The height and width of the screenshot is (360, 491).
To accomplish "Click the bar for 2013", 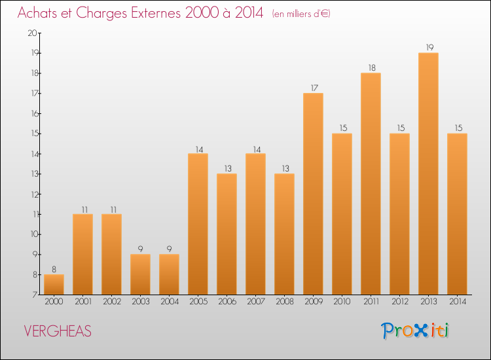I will click(428, 173).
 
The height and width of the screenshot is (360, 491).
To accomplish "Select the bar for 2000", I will click(54, 284).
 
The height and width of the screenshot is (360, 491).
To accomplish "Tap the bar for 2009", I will click(313, 194).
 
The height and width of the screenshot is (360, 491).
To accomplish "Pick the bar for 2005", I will click(198, 224).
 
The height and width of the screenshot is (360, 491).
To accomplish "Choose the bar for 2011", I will click(371, 183).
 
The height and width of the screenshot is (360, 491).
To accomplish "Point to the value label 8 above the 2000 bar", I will click(54, 269).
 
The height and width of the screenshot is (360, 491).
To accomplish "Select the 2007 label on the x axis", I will click(255, 302).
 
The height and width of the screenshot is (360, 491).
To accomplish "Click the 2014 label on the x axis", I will click(457, 302).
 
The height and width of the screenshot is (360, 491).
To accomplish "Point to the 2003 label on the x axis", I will click(140, 302).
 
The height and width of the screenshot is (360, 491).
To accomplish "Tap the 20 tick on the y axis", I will click(31, 33).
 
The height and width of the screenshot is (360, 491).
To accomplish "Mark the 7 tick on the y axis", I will click(33, 295).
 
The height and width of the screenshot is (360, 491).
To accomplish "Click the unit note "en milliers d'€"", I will click(301, 14).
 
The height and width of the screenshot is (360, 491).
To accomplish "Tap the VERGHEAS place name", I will click(58, 331).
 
